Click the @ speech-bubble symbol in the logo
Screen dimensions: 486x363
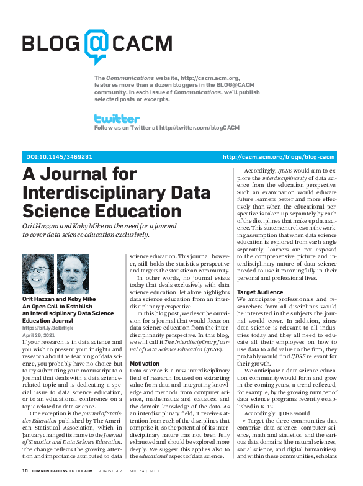click(x=97, y=45)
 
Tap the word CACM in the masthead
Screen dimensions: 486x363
click(x=142, y=43)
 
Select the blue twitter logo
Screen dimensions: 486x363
click(x=117, y=118)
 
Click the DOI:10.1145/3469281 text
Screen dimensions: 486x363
click(x=58, y=157)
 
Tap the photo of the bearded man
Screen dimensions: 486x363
click(x=70, y=274)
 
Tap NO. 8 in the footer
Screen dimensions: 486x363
click(x=176, y=471)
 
